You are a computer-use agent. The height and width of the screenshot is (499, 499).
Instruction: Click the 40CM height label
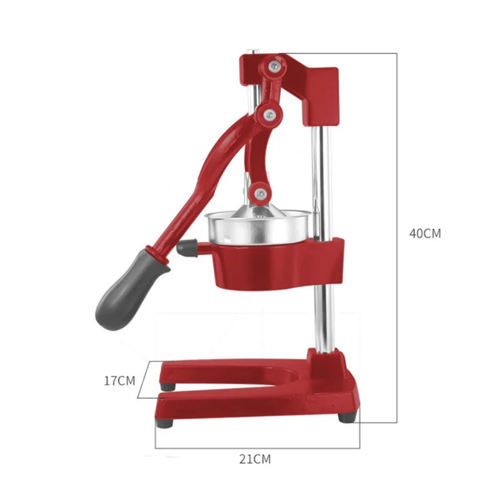click(425, 233)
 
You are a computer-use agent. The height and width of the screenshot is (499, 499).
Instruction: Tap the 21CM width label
click(255, 459)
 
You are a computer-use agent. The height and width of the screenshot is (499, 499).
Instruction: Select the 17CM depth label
click(119, 381)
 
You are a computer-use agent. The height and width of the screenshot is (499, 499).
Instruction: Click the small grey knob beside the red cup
click(186, 248)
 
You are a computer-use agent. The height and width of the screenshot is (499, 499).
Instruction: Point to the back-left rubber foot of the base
click(169, 386)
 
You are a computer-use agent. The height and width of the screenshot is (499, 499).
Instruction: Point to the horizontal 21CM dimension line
click(257, 448)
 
